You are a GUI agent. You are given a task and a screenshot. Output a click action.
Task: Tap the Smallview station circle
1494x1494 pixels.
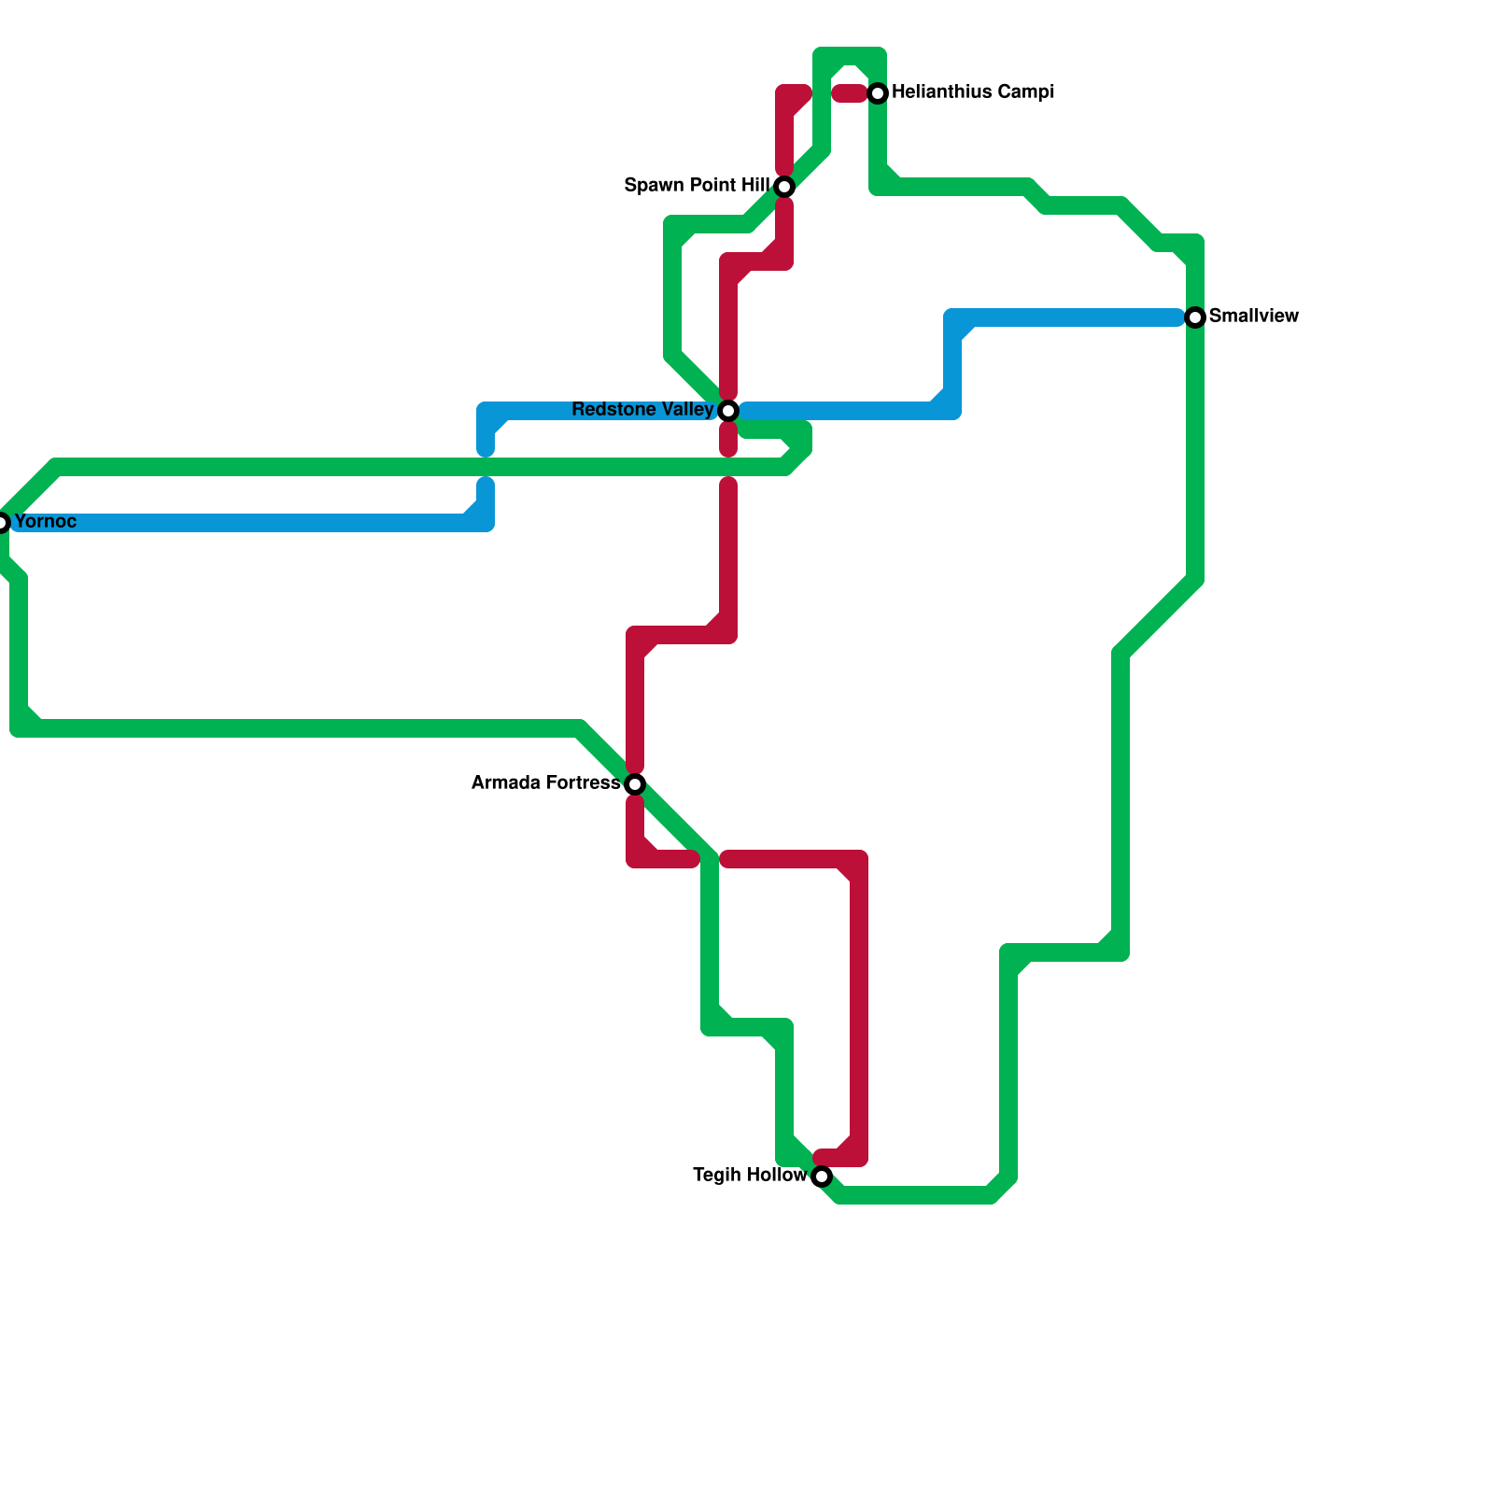click(1195, 317)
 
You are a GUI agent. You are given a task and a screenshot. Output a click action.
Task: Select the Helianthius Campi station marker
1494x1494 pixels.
click(878, 93)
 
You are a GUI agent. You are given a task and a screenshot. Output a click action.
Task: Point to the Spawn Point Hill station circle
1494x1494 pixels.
click(784, 187)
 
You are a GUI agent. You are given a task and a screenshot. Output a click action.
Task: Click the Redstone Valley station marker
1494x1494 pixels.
click(728, 411)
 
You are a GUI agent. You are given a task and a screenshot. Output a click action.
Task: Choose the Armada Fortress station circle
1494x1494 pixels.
click(635, 783)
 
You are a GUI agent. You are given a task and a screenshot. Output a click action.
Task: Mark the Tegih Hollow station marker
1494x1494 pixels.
click(822, 1177)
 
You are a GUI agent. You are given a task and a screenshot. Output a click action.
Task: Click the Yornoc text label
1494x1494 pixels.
click(46, 521)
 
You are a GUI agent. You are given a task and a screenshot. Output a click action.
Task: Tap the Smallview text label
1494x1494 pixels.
click(1253, 317)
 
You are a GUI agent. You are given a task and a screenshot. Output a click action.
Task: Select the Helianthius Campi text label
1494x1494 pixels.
click(973, 92)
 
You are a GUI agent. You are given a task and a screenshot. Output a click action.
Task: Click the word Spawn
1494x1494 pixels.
click(654, 186)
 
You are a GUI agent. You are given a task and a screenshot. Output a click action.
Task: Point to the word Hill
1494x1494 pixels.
click(753, 186)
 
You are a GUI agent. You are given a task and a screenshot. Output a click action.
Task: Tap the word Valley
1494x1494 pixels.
click(687, 410)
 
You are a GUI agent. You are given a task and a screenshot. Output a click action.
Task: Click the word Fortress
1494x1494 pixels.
click(585, 783)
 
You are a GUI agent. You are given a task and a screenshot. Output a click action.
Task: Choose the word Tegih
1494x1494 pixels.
click(714, 1176)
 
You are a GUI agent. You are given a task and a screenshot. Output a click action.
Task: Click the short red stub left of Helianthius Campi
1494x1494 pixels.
click(850, 93)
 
